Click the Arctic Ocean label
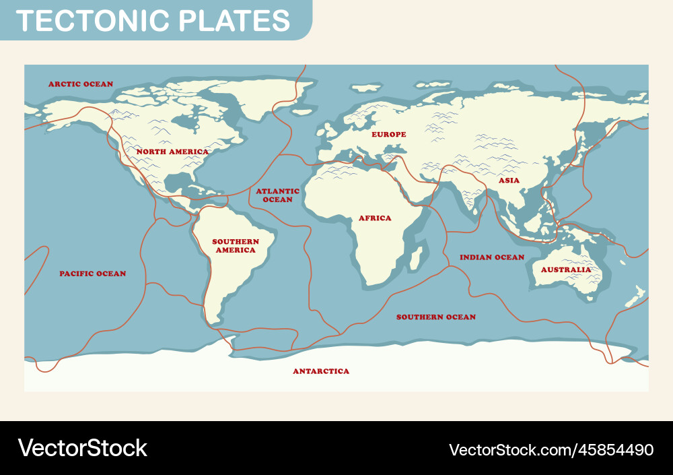81,84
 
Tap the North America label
172,152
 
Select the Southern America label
236,246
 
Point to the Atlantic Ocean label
277,195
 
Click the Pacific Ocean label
92,274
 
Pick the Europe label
389,135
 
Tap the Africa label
375,218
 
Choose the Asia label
509,181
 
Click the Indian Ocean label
491,257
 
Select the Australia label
565,270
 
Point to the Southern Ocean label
435,317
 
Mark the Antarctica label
321,371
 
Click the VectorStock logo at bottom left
82,448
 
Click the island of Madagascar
417,258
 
